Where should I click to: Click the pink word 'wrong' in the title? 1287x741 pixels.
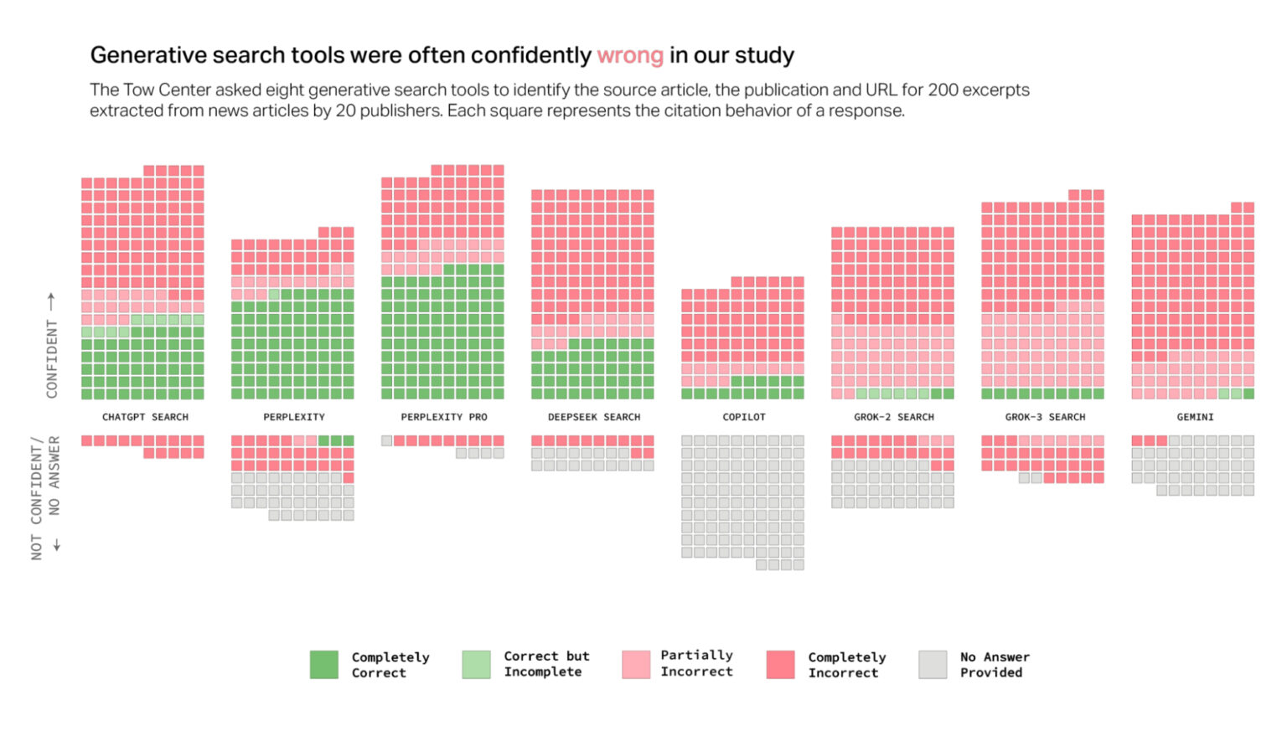click(629, 56)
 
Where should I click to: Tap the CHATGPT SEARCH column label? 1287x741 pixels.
click(145, 417)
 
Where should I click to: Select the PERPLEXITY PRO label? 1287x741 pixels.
click(443, 417)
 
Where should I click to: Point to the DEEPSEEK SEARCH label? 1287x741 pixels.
click(593, 417)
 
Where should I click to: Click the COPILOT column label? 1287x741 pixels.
click(743, 417)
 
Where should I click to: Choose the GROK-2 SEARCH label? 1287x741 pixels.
click(893, 417)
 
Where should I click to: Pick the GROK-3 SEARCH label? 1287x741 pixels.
click(1045, 417)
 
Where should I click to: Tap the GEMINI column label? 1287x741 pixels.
click(1195, 417)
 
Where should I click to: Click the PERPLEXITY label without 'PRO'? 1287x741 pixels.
click(293, 417)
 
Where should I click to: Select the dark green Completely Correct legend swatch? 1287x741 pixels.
click(324, 665)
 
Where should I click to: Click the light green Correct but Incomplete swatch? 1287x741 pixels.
click(476, 665)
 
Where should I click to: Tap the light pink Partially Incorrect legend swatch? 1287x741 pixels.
click(636, 665)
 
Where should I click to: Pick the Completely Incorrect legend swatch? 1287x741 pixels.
click(780, 665)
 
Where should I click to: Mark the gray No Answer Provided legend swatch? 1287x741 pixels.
click(933, 665)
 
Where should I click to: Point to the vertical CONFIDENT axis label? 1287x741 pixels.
click(52, 358)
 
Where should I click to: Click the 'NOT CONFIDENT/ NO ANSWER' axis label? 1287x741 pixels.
click(45, 497)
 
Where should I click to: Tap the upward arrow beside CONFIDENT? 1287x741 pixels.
click(51, 300)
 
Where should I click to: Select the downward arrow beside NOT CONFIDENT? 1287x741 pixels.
click(57, 545)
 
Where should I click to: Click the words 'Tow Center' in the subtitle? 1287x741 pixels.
click(167, 90)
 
